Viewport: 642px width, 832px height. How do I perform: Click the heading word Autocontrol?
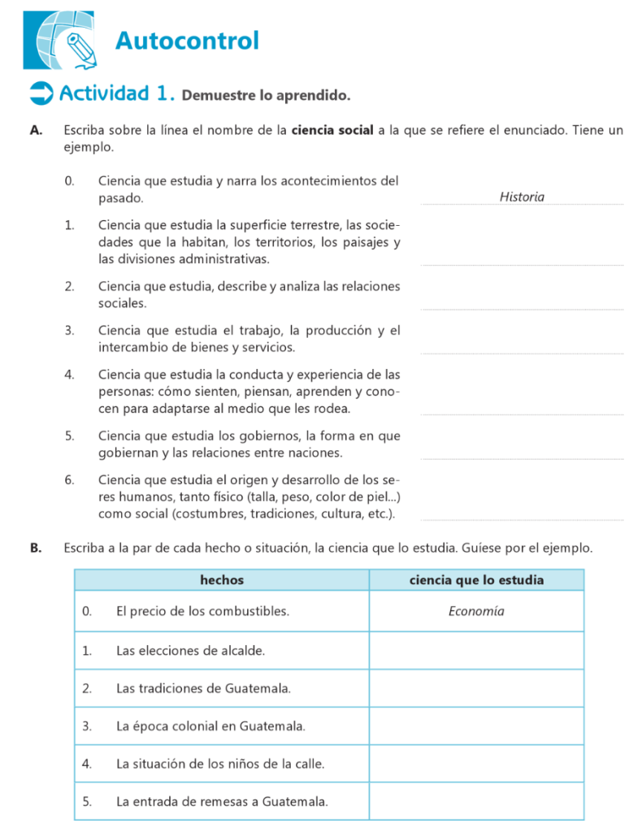(187, 40)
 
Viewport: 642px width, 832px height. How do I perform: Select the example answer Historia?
(522, 197)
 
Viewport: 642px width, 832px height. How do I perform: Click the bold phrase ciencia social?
(332, 130)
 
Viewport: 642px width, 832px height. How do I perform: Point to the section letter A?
(35, 130)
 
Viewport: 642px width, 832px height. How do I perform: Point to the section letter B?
(35, 548)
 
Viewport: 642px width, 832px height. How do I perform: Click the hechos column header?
(221, 580)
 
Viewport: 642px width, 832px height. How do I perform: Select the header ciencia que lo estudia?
(476, 580)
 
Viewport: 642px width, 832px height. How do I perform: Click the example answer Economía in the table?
(476, 611)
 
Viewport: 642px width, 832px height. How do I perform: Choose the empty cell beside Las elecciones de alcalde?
(476, 650)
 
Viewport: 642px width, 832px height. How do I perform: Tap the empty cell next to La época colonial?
(476, 726)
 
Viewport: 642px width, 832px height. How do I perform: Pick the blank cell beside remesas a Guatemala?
(476, 801)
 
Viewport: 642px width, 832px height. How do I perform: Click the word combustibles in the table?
(250, 611)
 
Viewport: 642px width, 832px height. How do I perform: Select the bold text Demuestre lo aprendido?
(266, 96)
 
